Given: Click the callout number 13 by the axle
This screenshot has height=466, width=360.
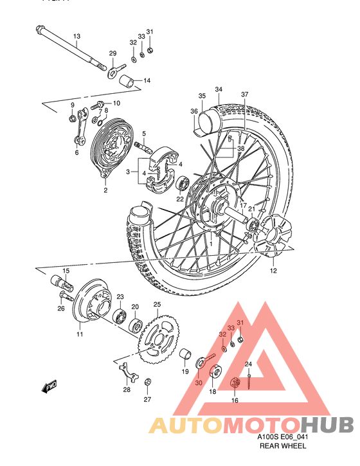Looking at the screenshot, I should tap(76, 36).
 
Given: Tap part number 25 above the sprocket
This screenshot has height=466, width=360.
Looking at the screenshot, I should tap(156, 305).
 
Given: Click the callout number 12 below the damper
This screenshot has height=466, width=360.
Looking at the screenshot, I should tap(273, 271).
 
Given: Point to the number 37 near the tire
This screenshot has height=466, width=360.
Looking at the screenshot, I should tap(244, 94).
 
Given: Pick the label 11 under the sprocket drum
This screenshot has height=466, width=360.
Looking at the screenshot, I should tap(80, 334).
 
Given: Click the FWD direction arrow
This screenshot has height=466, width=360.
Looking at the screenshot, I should tap(49, 386).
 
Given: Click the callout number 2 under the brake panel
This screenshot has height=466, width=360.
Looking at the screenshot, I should tap(105, 190).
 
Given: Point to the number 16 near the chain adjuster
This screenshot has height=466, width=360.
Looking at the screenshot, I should tap(235, 400).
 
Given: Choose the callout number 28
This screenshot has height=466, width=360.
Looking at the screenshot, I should tap(127, 390).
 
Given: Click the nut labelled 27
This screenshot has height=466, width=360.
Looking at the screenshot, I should tap(147, 383).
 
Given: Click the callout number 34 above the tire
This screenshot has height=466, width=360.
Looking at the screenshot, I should tap(219, 89).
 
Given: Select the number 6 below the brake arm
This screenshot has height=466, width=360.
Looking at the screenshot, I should tap(76, 153).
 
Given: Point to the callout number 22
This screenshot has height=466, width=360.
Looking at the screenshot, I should tap(180, 199).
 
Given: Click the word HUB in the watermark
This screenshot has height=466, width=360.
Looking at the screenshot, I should tap(327, 425).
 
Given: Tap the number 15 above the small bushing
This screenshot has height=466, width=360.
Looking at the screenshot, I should tap(66, 271).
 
